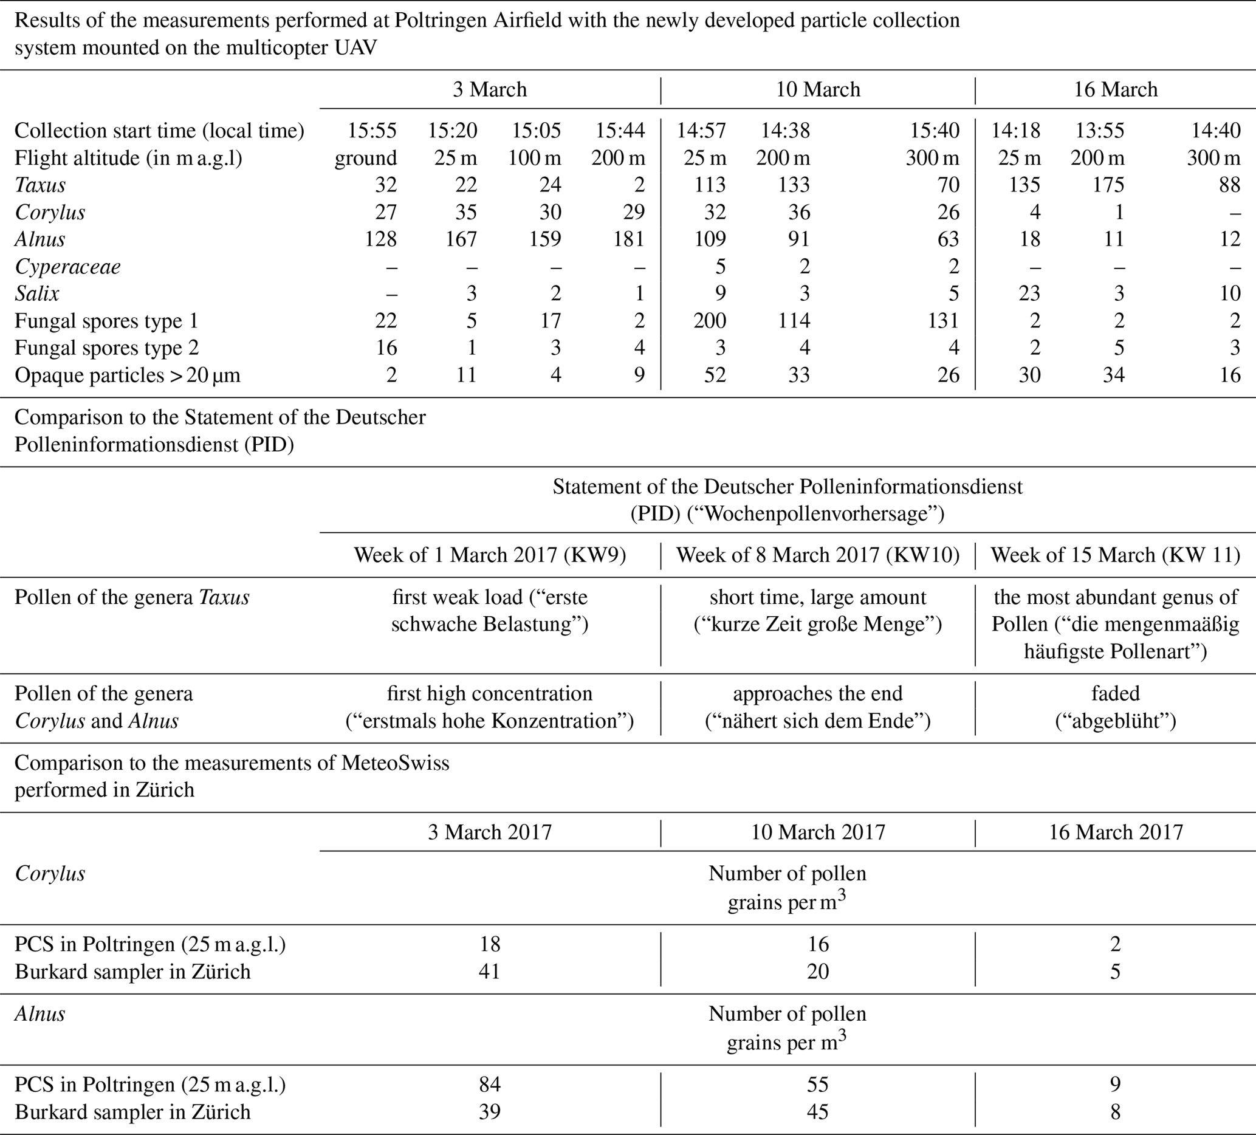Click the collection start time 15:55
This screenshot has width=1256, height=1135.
pyautogui.click(x=372, y=130)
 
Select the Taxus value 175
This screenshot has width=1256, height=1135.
pyautogui.click(x=1108, y=185)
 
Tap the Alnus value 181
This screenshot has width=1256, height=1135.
pyautogui.click(x=629, y=239)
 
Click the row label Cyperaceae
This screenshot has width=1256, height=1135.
pyautogui.click(x=67, y=267)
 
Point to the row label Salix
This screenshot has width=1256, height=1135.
pyautogui.click(x=38, y=293)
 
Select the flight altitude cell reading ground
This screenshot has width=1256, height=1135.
pyautogui.click(x=366, y=157)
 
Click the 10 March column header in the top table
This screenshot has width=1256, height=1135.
pyautogui.click(x=818, y=90)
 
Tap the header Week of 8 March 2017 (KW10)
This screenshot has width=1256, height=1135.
pyautogui.click(x=818, y=555)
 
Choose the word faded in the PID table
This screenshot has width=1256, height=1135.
pyautogui.click(x=1115, y=693)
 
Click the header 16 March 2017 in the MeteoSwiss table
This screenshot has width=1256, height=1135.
pyautogui.click(x=1115, y=832)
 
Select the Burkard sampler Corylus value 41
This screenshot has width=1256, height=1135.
pyautogui.click(x=490, y=971)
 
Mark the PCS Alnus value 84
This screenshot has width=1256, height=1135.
pyautogui.click(x=490, y=1085)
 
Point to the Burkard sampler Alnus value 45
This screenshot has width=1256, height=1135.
pyautogui.click(x=818, y=1112)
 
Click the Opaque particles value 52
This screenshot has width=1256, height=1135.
pyautogui.click(x=715, y=375)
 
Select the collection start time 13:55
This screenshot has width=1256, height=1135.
pyautogui.click(x=1100, y=130)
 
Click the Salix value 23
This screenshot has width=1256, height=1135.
pyautogui.click(x=1029, y=293)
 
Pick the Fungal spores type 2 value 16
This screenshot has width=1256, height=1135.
pyautogui.click(x=386, y=348)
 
